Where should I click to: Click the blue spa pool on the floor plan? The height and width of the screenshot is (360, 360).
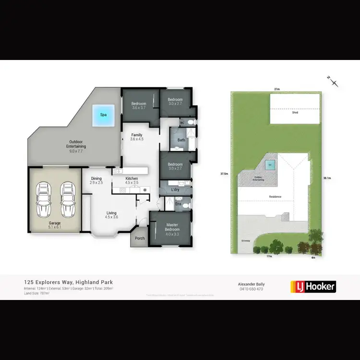tap(103, 115)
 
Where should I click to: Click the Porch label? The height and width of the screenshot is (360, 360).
tap(140, 238)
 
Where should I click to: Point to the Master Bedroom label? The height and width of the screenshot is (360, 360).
tap(172, 227)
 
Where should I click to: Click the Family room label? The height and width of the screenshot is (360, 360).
tap(137, 137)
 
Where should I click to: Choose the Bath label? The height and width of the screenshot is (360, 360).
tap(181, 140)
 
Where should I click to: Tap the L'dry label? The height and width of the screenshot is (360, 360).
tap(175, 190)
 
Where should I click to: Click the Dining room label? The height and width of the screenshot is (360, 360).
tap(96, 180)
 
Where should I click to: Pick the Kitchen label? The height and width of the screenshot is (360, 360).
tap(132, 180)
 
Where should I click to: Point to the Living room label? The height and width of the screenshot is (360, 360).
tap(111, 215)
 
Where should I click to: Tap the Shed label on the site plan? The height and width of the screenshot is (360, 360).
tap(295, 113)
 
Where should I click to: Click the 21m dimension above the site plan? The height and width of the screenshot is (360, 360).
tap(276, 89)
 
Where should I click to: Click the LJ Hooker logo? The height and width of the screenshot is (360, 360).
tap(313, 287)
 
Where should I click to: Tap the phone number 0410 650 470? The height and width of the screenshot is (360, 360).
tap(252, 289)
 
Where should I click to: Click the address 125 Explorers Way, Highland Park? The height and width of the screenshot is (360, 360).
tap(68, 282)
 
